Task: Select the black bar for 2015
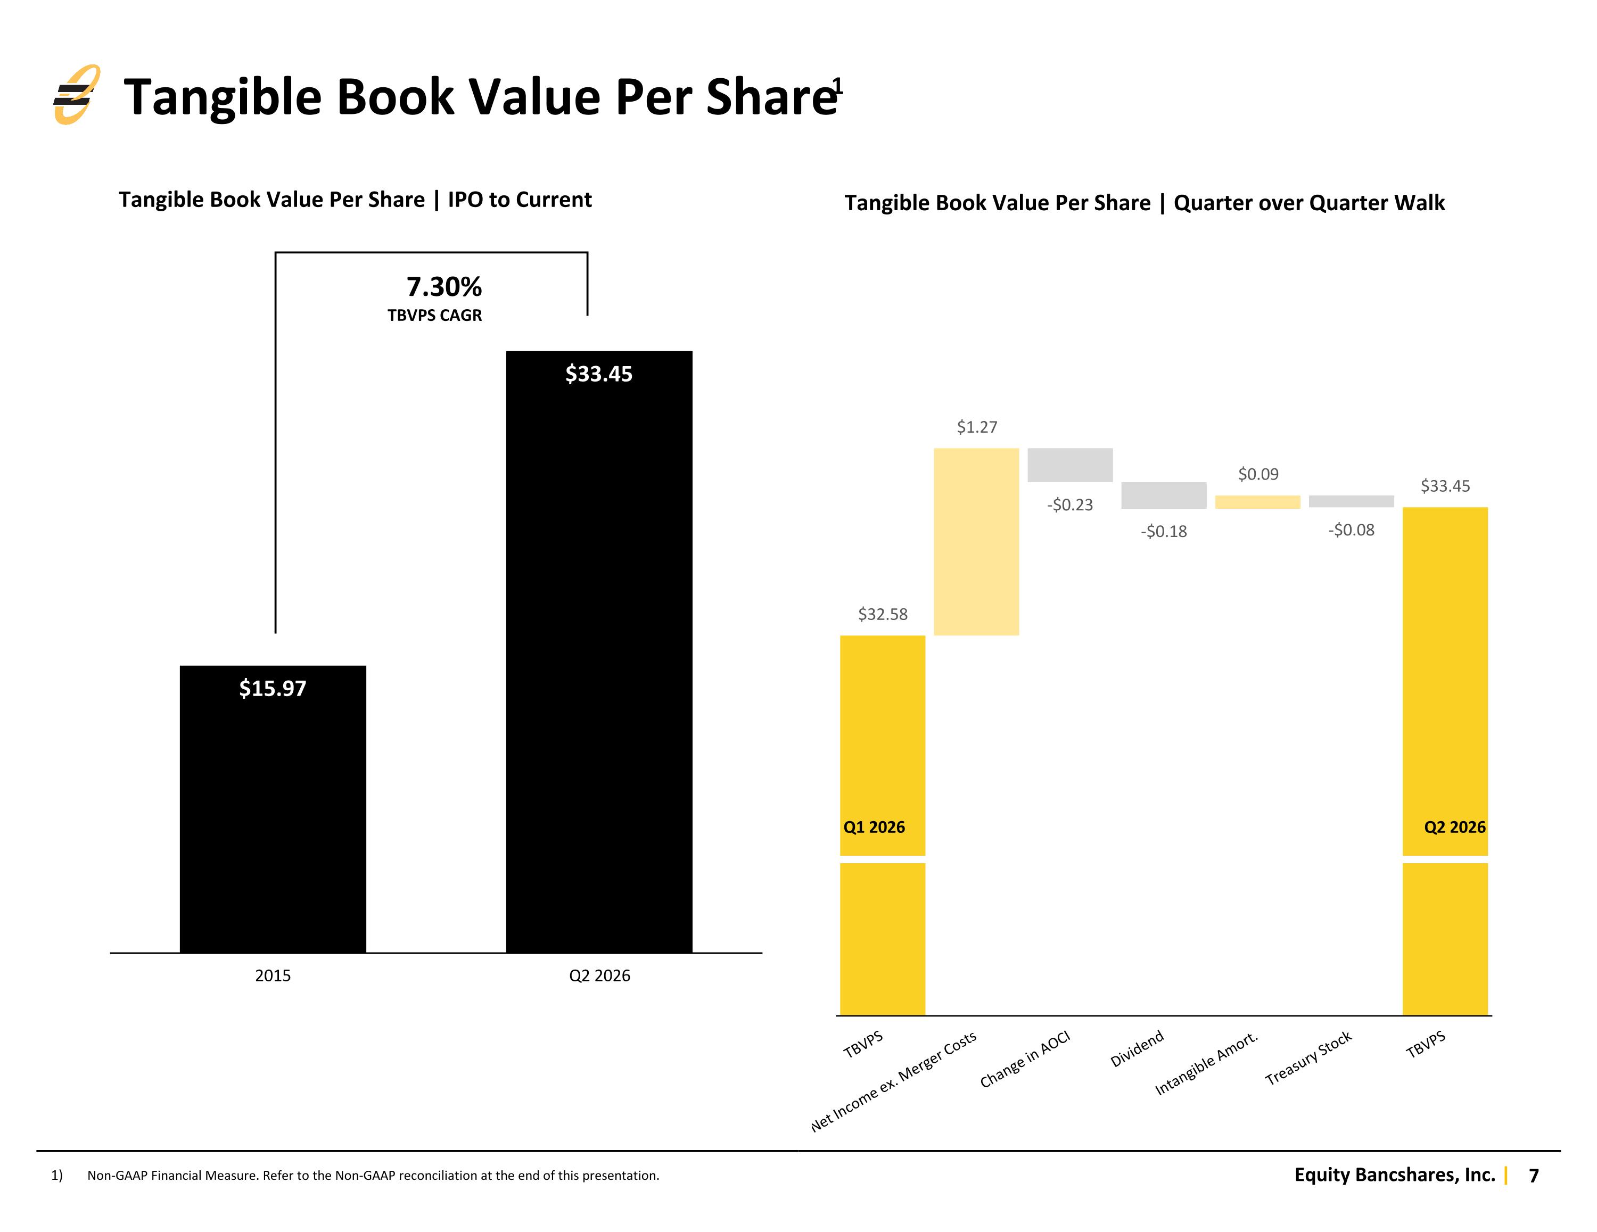(273, 809)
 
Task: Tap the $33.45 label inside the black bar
(599, 374)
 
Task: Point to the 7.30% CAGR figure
(444, 287)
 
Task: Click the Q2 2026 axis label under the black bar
(599, 975)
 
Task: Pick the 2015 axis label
(273, 975)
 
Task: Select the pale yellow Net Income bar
(976, 542)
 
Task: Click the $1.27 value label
(977, 427)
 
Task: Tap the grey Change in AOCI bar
(1070, 465)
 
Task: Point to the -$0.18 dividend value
(1163, 532)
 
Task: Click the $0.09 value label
(1258, 475)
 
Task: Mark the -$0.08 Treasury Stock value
(1351, 530)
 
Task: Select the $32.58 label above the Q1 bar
(883, 614)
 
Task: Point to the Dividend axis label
(1137, 1049)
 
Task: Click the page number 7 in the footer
(1534, 1176)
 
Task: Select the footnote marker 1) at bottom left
(57, 1176)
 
